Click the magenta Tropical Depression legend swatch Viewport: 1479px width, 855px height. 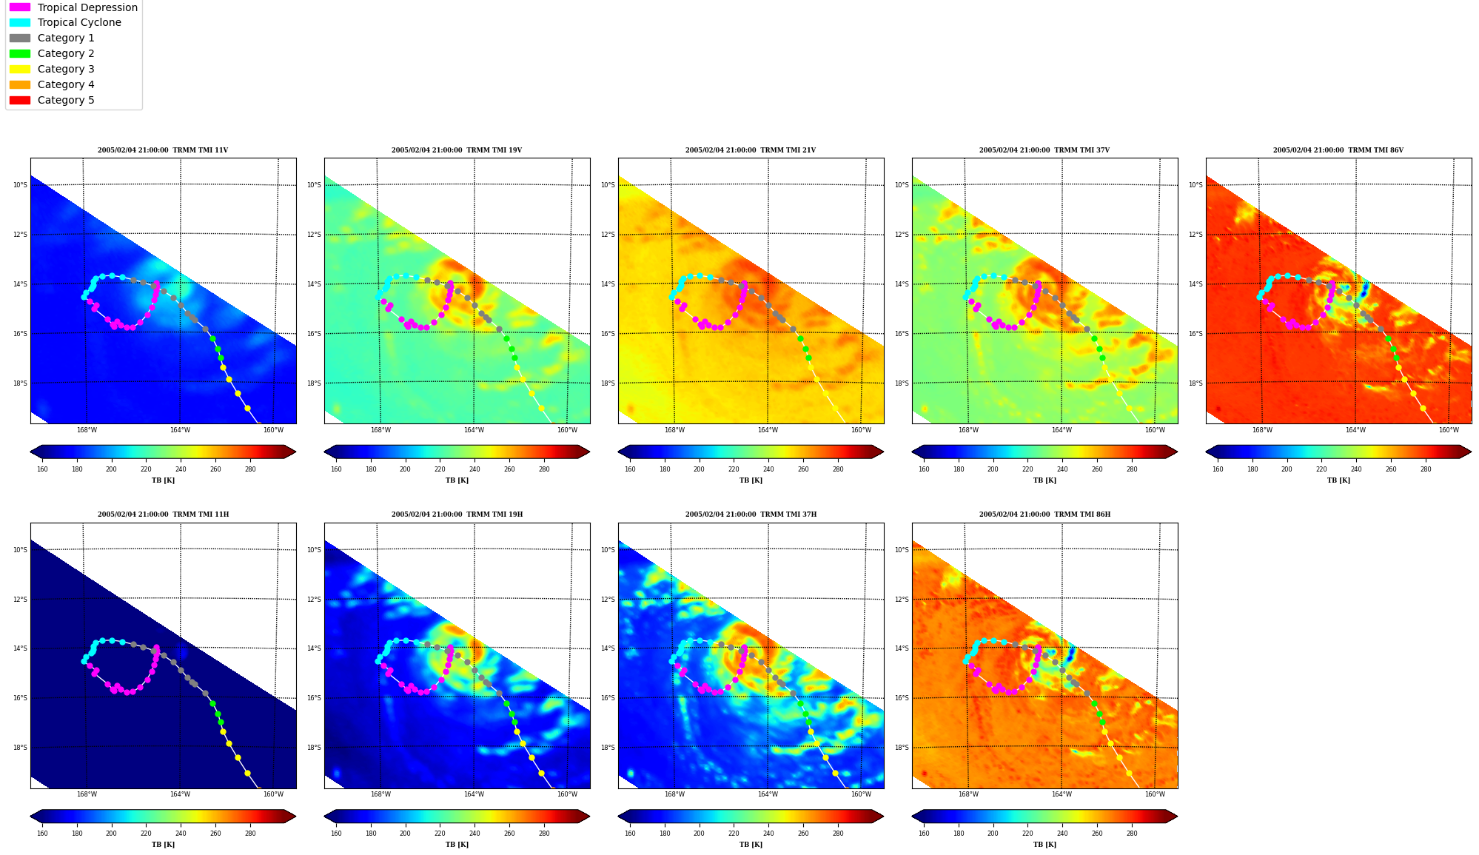[x=20, y=7]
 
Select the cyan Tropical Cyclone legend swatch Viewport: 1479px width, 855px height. [x=20, y=22]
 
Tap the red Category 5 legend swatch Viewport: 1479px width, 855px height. [x=20, y=100]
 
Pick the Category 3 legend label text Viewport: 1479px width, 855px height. [x=66, y=69]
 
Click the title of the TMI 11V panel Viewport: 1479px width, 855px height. [x=163, y=150]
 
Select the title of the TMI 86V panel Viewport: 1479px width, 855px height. [x=1338, y=150]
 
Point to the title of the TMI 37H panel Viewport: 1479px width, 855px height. [x=751, y=514]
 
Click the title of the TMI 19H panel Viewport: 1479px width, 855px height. [x=457, y=514]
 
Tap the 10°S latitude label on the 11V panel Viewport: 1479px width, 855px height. [x=20, y=185]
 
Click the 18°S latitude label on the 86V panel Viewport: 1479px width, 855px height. [x=1195, y=383]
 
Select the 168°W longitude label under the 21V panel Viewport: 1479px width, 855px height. [x=674, y=430]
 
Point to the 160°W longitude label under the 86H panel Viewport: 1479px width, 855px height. [x=1155, y=795]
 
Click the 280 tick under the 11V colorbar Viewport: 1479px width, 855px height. [x=250, y=469]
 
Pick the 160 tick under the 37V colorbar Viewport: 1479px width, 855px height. [x=924, y=469]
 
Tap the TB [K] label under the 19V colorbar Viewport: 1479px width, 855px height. [x=457, y=480]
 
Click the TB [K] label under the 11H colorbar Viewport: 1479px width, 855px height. [x=163, y=845]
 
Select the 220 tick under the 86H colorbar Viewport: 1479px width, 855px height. [x=1027, y=834]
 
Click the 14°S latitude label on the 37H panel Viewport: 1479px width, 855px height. [x=608, y=648]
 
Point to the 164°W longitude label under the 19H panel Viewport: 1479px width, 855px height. [x=474, y=795]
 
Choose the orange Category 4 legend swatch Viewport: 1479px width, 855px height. [x=20, y=84]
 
